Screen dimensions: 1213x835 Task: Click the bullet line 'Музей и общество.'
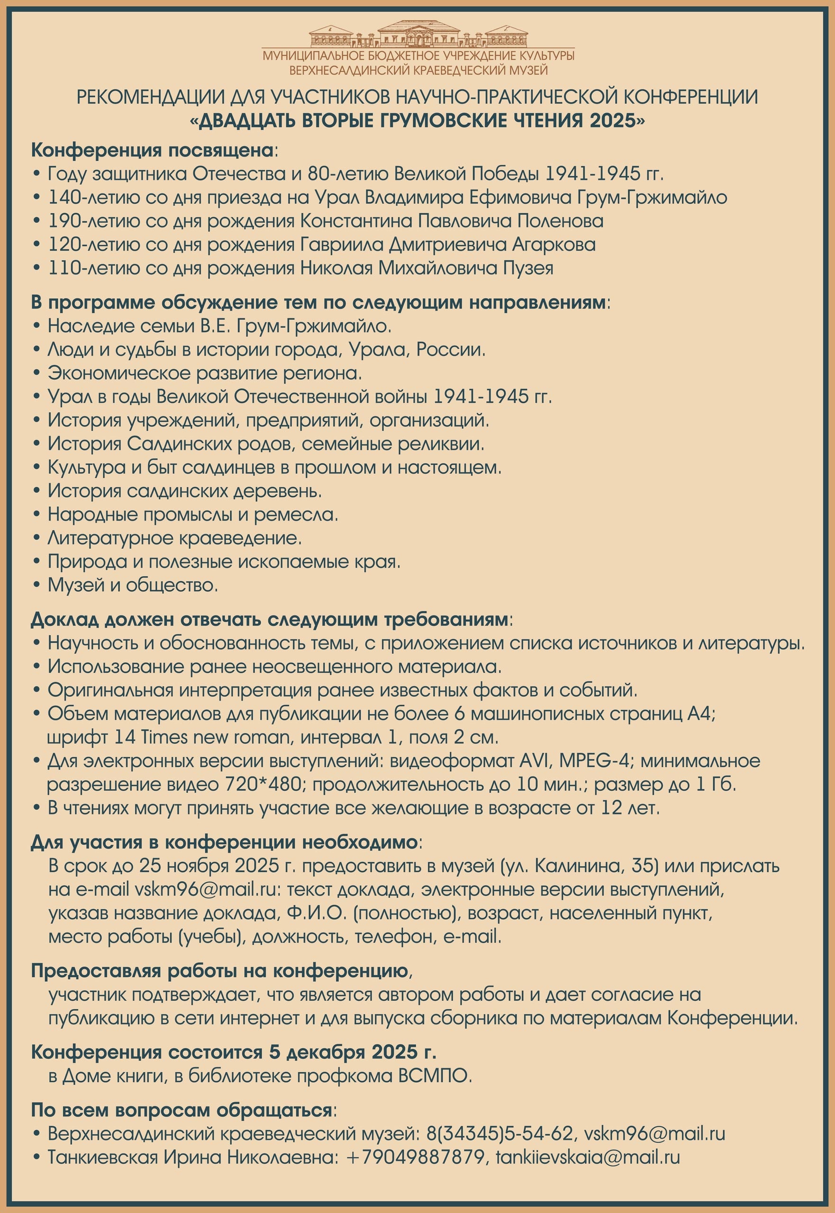[133, 585]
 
